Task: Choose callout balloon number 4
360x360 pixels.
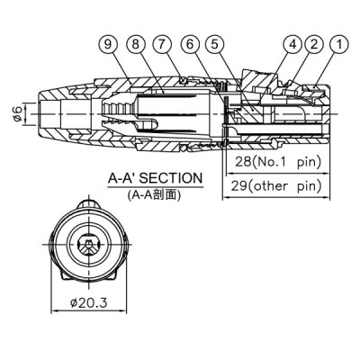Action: [x=293, y=42]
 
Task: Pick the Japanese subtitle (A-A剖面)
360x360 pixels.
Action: [x=152, y=193]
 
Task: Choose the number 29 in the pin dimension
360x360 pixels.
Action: [x=238, y=187]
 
